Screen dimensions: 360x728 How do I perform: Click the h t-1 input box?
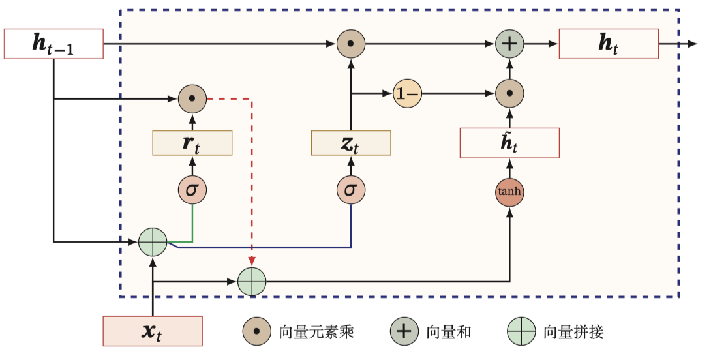[53, 44]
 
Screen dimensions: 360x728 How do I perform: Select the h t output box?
[608, 44]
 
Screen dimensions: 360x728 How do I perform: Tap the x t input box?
[153, 331]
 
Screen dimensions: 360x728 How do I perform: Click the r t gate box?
[192, 143]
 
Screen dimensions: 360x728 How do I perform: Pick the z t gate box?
[351, 143]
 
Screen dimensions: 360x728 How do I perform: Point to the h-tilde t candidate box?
[509, 143]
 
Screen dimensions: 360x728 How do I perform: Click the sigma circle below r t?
[192, 190]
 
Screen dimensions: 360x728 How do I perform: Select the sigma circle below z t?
[351, 190]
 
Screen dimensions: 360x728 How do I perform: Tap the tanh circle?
[509, 192]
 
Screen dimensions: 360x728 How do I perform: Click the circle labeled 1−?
[408, 95]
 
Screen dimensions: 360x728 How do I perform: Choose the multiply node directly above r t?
[192, 99]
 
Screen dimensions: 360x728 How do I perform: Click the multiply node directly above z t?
[351, 44]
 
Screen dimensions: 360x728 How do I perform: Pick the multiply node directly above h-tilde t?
[509, 95]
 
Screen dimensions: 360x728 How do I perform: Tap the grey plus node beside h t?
[509, 44]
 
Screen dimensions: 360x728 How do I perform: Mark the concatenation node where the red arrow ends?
[252, 282]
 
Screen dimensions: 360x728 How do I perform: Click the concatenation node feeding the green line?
[153, 242]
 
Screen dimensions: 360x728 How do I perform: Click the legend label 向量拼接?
[573, 332]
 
